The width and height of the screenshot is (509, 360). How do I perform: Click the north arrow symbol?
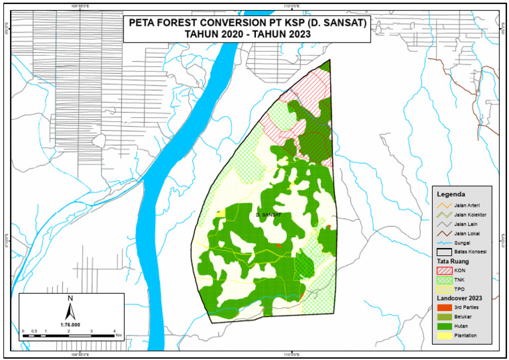(x=70, y=308)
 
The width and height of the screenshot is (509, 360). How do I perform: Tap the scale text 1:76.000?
(x=70, y=325)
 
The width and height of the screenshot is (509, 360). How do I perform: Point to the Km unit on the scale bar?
(x=119, y=335)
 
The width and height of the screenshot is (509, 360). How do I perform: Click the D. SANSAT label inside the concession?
(x=268, y=215)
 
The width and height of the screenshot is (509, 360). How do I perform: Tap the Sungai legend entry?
(x=461, y=243)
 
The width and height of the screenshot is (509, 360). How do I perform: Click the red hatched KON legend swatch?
(x=444, y=270)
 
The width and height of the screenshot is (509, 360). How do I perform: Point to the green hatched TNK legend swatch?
(x=444, y=280)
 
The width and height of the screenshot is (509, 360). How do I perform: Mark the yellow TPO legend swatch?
(x=444, y=289)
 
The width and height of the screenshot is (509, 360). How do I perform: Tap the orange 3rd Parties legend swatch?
(x=444, y=308)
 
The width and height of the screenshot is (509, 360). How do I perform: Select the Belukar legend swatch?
(x=444, y=317)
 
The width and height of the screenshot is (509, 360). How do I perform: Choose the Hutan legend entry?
(x=461, y=326)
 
